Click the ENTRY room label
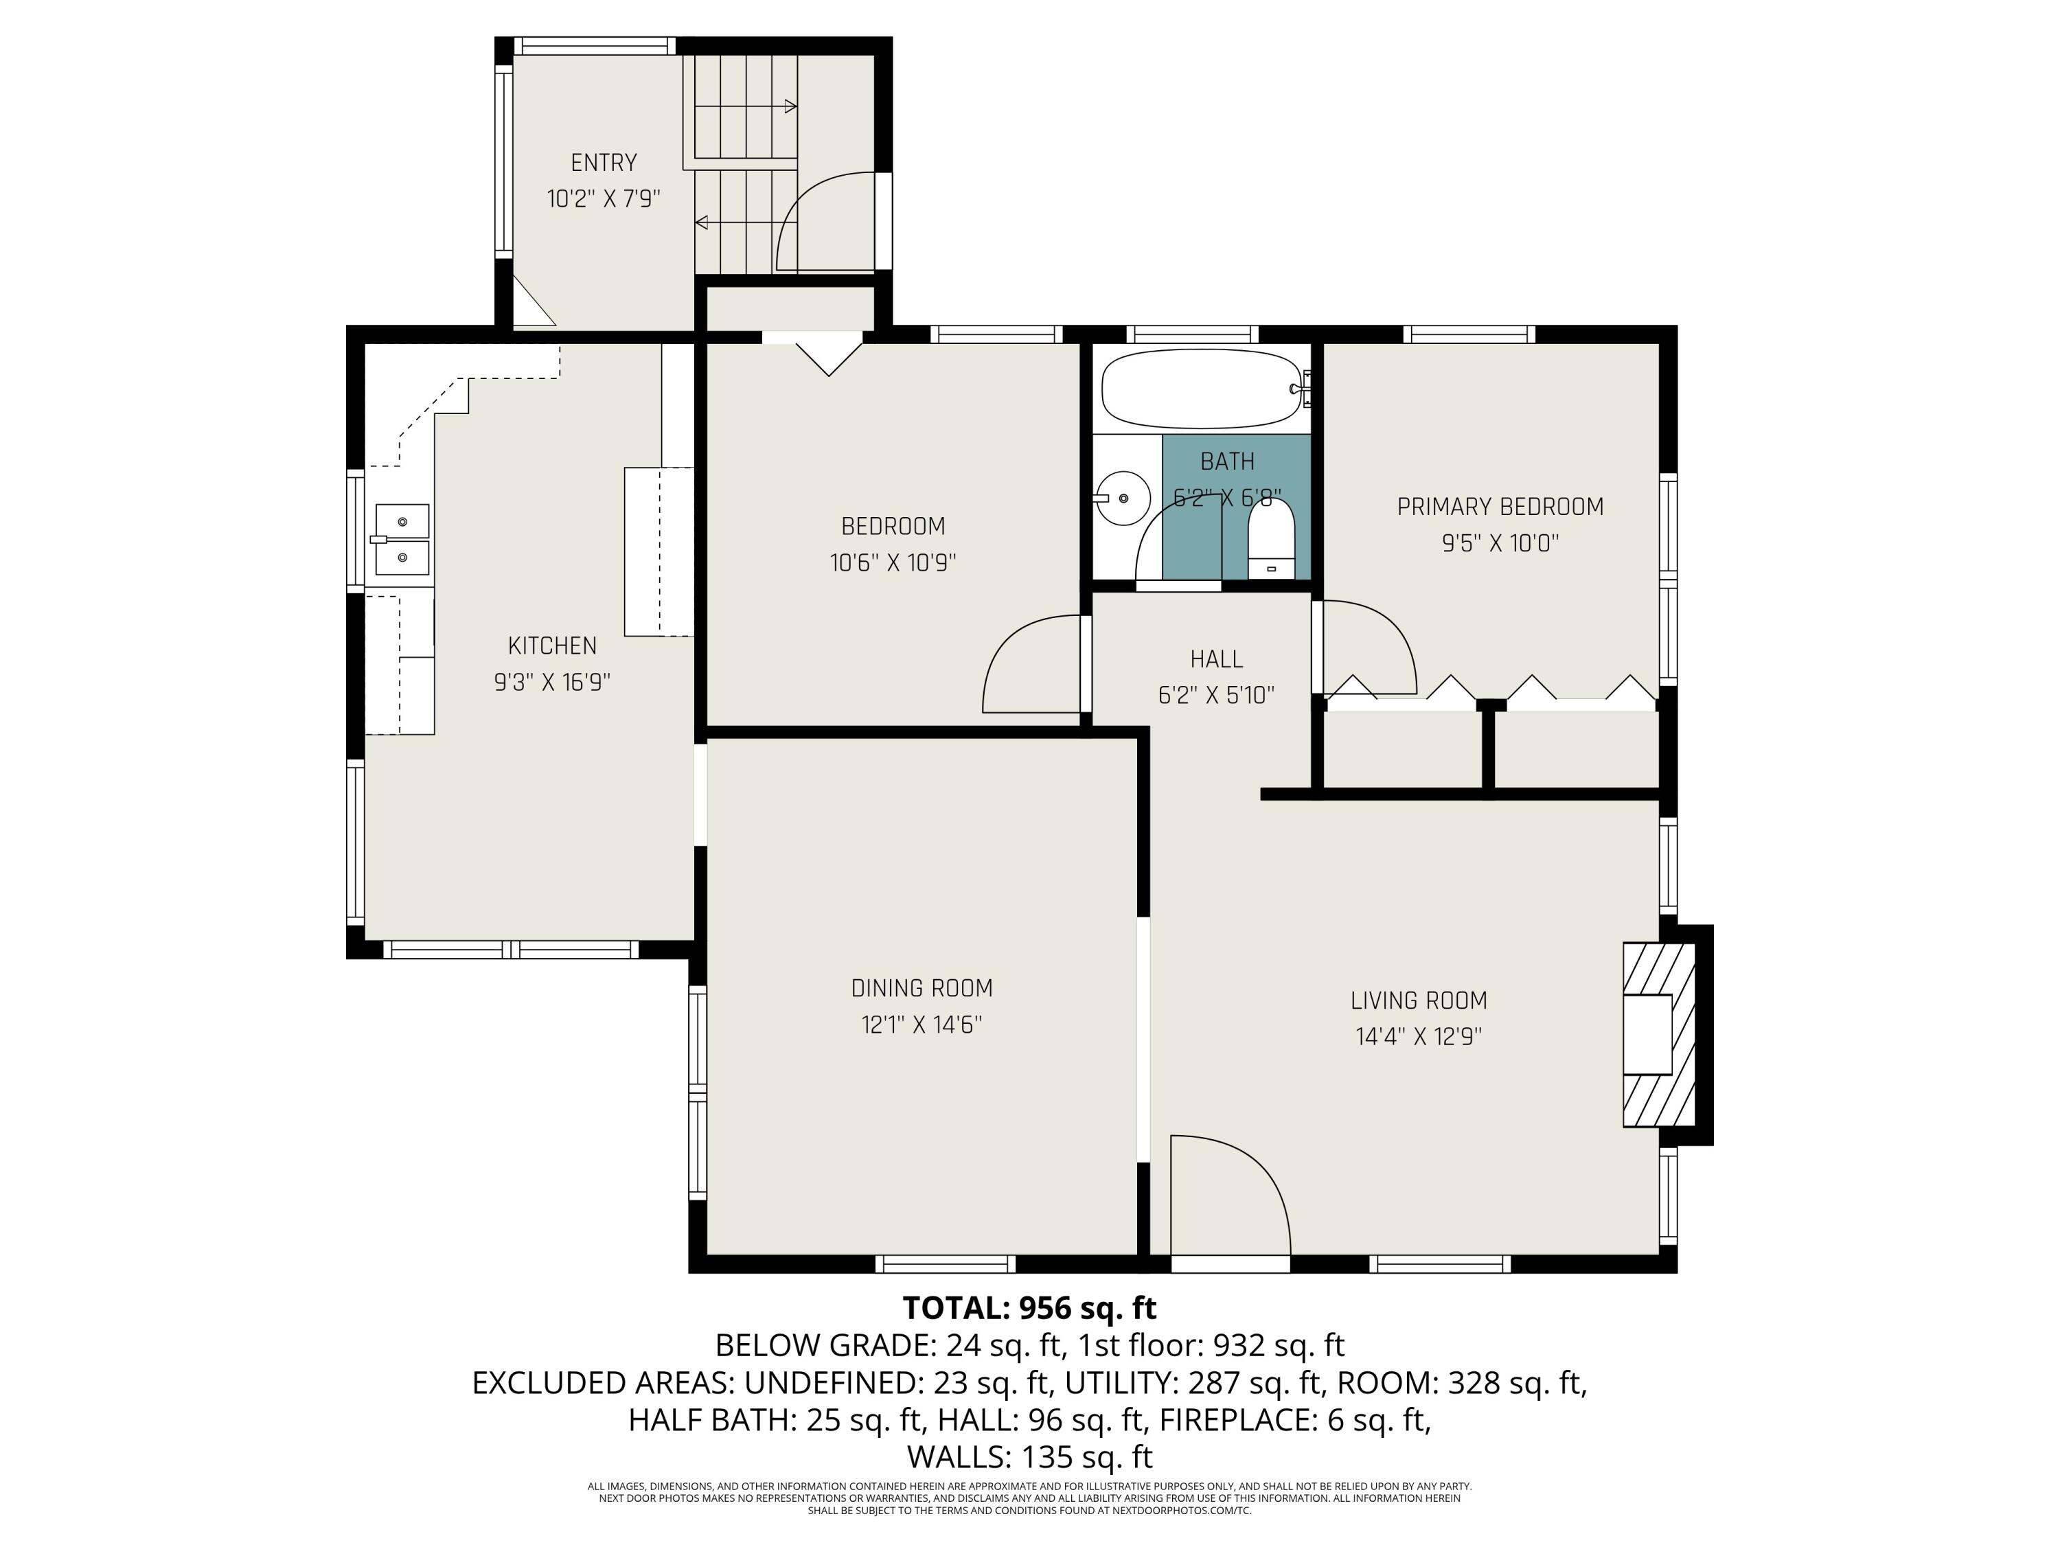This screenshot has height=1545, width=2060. (604, 163)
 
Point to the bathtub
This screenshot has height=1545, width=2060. (1202, 389)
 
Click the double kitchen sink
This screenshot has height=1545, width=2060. (402, 540)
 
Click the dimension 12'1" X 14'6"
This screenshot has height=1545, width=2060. (921, 1025)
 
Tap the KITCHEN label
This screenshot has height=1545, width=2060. (552, 645)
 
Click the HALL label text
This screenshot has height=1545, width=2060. (1216, 659)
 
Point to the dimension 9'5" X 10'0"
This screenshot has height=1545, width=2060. (1500, 543)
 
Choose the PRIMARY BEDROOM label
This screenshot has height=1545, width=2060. (1500, 507)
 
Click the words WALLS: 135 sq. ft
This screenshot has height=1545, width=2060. (1029, 1456)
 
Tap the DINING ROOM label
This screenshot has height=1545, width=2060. (921, 988)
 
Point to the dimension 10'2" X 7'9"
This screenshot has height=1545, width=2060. (604, 198)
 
